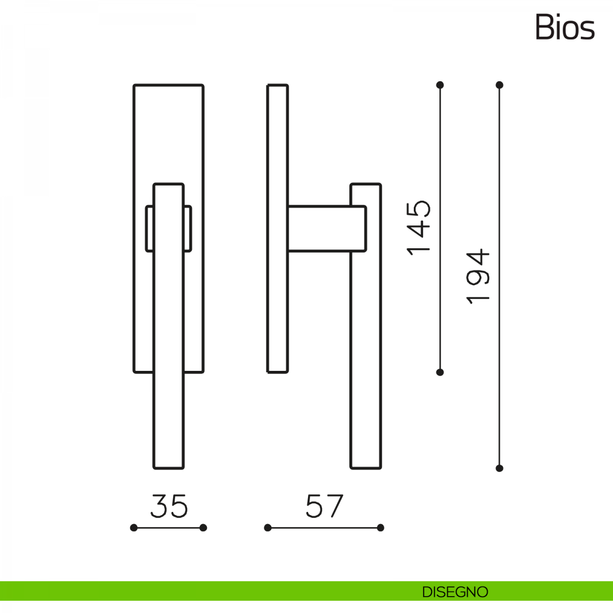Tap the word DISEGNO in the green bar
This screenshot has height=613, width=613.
click(x=455, y=592)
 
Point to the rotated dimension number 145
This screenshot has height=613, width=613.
click(x=418, y=228)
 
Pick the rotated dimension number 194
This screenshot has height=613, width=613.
click(x=478, y=276)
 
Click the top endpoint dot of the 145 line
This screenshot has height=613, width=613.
click(x=440, y=85)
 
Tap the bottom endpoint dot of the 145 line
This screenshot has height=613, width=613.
click(x=440, y=372)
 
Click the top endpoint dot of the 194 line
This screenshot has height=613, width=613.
click(x=500, y=85)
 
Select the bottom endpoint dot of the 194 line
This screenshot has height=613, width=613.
click(x=500, y=468)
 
